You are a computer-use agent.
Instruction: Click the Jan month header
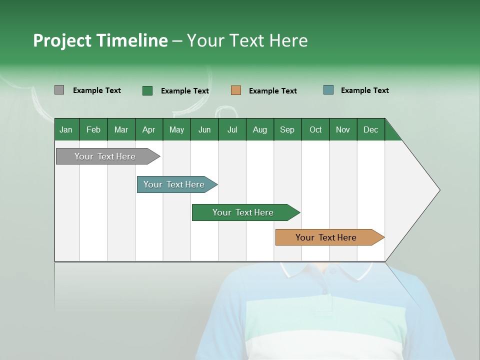(66, 129)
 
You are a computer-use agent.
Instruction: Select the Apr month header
(148, 129)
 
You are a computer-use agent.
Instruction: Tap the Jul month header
(232, 129)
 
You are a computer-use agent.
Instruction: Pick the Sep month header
(287, 129)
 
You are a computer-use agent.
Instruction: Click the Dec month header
(370, 129)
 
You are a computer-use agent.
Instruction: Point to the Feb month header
(93, 129)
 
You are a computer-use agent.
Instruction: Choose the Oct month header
(315, 129)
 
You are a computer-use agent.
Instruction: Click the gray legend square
(59, 90)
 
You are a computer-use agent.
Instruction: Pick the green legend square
(147, 90)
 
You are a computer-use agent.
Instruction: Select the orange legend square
(236, 90)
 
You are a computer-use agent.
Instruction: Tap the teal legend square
(328, 90)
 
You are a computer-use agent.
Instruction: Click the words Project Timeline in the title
(100, 40)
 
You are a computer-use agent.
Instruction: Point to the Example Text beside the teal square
(364, 90)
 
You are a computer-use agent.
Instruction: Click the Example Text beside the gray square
(96, 90)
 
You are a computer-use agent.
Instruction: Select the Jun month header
(204, 129)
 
